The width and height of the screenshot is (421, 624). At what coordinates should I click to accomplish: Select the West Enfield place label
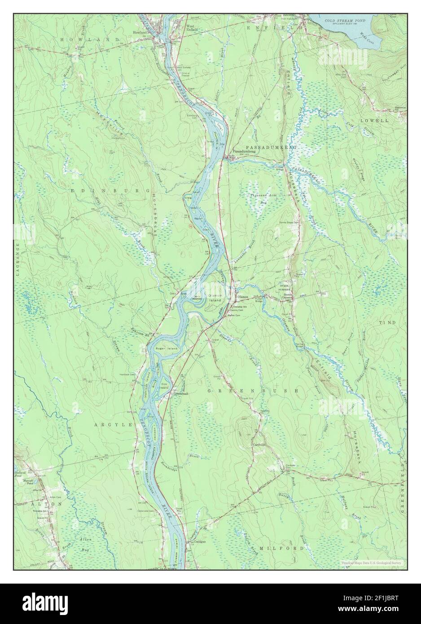tap(192, 28)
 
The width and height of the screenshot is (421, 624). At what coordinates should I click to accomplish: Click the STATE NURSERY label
tap(285, 288)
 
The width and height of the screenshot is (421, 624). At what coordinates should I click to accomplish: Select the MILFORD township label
tap(289, 549)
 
